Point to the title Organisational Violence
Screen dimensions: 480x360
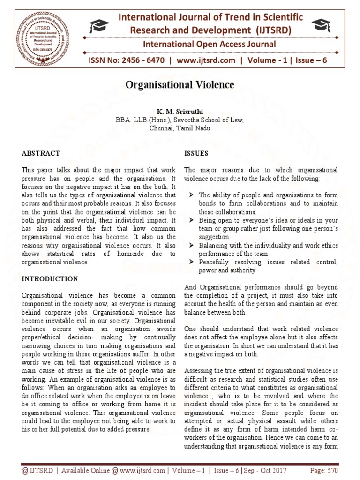point(180,85)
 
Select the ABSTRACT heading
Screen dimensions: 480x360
point(41,153)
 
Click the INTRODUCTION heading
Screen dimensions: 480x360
point(50,279)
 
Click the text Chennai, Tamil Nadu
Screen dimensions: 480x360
point(180,128)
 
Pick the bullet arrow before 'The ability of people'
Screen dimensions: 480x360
point(191,195)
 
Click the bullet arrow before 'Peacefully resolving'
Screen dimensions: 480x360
point(191,262)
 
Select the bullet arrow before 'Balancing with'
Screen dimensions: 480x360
point(191,246)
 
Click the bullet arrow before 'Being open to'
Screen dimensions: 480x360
point(191,220)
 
